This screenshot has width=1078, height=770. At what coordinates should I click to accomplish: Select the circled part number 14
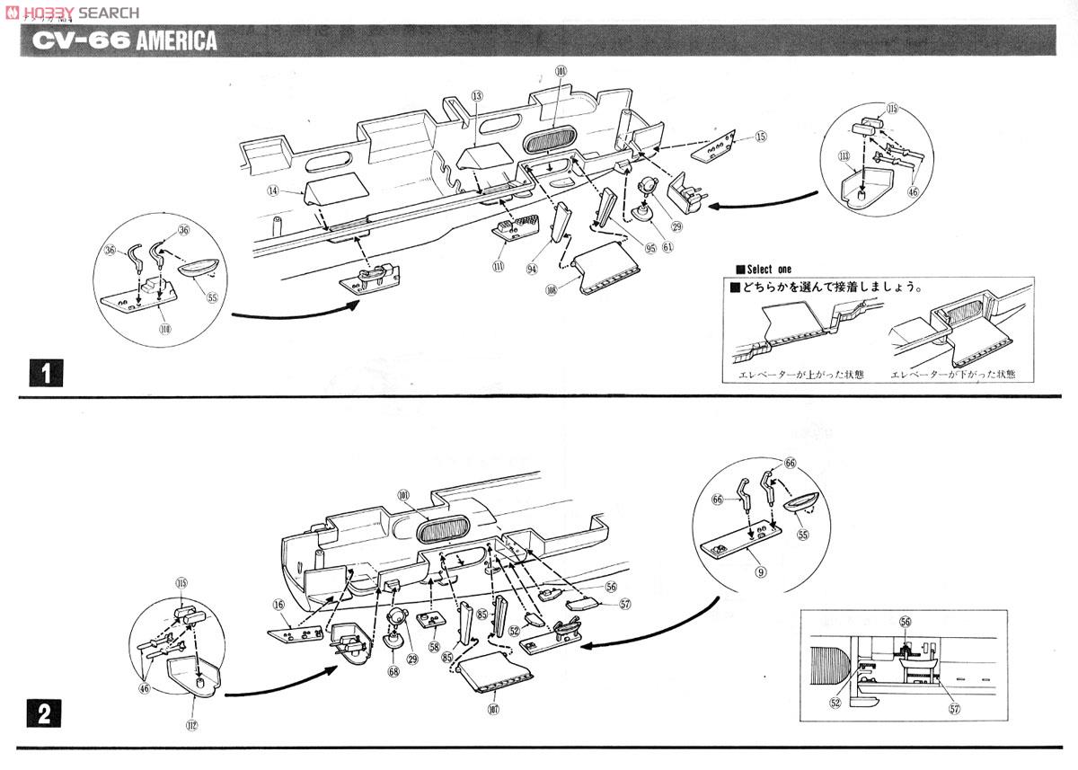271,190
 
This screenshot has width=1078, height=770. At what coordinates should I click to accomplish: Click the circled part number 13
477,95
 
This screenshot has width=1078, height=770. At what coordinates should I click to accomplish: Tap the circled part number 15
761,137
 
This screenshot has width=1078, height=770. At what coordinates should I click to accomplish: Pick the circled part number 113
844,155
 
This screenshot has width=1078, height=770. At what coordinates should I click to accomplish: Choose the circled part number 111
498,266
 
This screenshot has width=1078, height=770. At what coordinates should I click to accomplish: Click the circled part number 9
760,568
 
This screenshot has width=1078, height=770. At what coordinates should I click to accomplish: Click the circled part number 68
393,671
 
